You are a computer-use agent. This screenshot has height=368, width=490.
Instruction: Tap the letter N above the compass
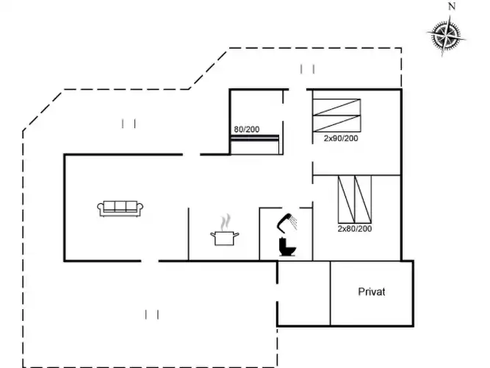[x=452, y=7]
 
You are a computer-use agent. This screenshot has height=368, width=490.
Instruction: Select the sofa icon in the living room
[x=120, y=208]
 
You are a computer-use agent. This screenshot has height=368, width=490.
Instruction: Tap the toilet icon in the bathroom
[x=287, y=247]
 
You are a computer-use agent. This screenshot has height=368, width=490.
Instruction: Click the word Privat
[x=372, y=292]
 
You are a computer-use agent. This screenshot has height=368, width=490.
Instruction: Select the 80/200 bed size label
[x=247, y=130]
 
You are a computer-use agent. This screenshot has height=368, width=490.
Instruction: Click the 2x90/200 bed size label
[x=341, y=138]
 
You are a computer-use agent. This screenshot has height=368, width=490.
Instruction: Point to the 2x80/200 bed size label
[x=355, y=229]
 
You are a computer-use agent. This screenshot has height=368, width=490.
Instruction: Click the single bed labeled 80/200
[x=255, y=145]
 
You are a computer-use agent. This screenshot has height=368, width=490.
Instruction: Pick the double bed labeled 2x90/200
[x=337, y=116]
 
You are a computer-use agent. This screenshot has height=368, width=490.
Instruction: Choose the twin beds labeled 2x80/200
[x=355, y=199]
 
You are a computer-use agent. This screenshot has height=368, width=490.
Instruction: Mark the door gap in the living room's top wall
[x=191, y=155]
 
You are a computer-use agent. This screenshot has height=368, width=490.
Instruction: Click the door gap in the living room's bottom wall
[x=150, y=261]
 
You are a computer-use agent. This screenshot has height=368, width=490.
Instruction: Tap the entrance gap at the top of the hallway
[x=298, y=90]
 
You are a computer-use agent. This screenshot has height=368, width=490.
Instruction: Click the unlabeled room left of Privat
[x=304, y=294]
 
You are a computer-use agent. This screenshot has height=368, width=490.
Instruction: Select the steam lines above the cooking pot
[x=226, y=222]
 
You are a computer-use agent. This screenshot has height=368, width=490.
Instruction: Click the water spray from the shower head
[x=293, y=222]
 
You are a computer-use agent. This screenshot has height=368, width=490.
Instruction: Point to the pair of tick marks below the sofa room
[x=152, y=314]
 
